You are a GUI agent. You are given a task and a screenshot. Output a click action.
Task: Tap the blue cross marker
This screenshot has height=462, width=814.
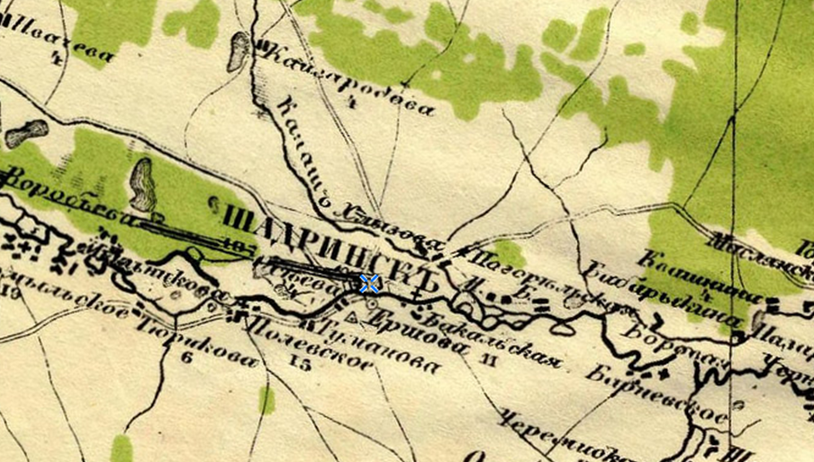click(368, 284)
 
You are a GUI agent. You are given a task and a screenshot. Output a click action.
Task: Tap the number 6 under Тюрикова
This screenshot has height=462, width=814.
click(186, 358)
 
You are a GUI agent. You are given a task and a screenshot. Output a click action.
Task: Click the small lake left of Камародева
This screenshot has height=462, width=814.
click(239, 51)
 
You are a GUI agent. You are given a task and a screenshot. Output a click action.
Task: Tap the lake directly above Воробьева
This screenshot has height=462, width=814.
click(142, 184)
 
